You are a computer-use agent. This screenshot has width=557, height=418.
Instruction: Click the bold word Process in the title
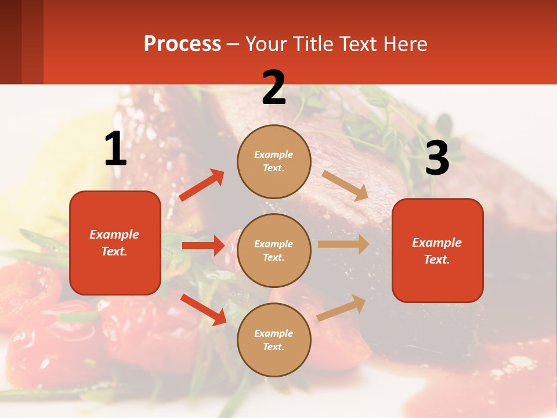pos(182,44)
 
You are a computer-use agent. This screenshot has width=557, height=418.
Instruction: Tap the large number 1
pos(115,149)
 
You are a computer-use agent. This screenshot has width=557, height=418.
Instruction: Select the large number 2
pos(274,88)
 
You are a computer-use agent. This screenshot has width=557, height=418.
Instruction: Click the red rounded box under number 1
pos(115,243)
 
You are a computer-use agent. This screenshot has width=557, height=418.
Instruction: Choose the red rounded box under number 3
pos(437,250)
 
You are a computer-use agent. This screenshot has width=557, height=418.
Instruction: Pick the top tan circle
pos(274,161)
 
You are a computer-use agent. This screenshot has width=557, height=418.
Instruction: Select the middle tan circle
pos(274,250)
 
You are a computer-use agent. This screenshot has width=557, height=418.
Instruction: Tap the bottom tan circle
pos(274,340)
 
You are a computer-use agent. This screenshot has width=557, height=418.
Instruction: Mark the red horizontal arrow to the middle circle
pos(203,246)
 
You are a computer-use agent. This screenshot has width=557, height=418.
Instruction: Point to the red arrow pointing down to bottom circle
pos(203,309)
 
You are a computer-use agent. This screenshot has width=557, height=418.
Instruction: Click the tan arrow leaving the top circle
pos(345,185)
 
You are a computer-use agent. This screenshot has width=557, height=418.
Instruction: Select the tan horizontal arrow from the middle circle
pos(343,244)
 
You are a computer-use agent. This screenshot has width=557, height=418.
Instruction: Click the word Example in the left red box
pos(114,235)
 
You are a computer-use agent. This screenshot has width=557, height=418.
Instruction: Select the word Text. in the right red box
pos(437,260)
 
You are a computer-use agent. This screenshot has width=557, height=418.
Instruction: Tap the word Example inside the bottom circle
pos(274,333)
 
